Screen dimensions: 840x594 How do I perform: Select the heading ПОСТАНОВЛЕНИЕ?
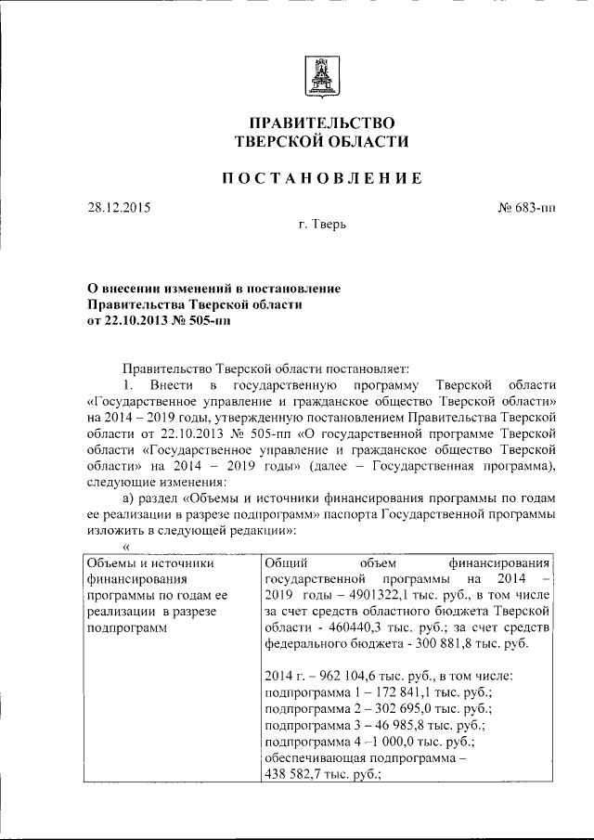[x=320, y=178]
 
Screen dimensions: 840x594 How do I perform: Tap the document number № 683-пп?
[x=526, y=208]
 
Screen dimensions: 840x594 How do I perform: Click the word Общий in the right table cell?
[x=287, y=561]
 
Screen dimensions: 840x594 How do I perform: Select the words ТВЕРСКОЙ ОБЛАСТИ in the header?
[x=320, y=142]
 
